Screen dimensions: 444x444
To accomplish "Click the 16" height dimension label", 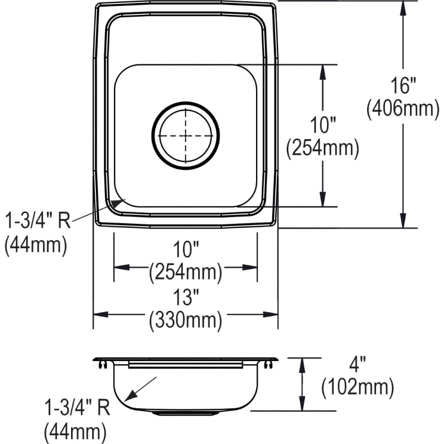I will click(x=403, y=87).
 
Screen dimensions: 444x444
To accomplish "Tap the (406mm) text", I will click(x=403, y=109).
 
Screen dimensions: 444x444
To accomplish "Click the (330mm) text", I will click(x=185, y=321).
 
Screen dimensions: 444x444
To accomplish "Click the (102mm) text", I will click(x=358, y=389).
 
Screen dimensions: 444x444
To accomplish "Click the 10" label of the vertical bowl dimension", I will click(x=323, y=125).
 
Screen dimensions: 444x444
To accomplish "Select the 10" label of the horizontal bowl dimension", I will click(x=185, y=251).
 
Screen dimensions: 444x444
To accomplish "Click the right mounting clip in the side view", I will click(x=268, y=365).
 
